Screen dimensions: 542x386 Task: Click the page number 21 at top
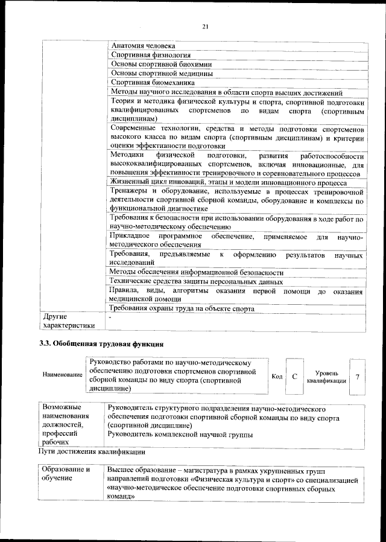point(204,26)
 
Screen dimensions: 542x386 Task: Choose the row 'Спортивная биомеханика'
point(153,83)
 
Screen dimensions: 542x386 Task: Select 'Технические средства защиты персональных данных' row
point(196,281)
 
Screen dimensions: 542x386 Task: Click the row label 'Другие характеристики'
point(66,321)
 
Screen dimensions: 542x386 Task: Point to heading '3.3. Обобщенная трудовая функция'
point(100,345)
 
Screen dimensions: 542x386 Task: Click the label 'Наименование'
point(62,375)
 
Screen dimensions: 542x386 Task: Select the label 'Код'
point(277,377)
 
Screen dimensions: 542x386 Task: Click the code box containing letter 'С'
point(295,377)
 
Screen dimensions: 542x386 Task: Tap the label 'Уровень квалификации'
point(326,377)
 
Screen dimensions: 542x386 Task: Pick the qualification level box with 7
point(358,377)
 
